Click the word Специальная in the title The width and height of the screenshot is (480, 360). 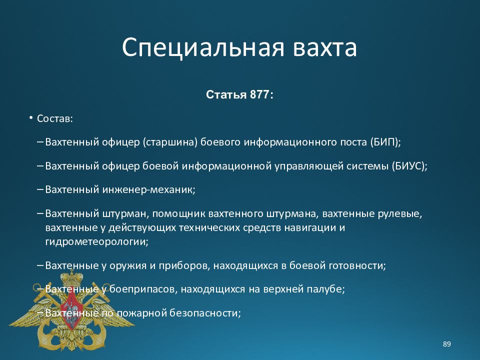(203, 48)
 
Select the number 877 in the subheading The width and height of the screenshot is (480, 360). (259, 94)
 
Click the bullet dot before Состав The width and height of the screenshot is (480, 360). (30, 118)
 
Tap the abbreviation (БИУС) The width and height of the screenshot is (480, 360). (408, 166)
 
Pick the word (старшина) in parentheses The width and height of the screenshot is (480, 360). (170, 142)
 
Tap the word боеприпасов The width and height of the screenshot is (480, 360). (142, 289)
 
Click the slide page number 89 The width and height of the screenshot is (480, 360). (446, 344)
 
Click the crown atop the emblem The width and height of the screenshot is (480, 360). (71, 278)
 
